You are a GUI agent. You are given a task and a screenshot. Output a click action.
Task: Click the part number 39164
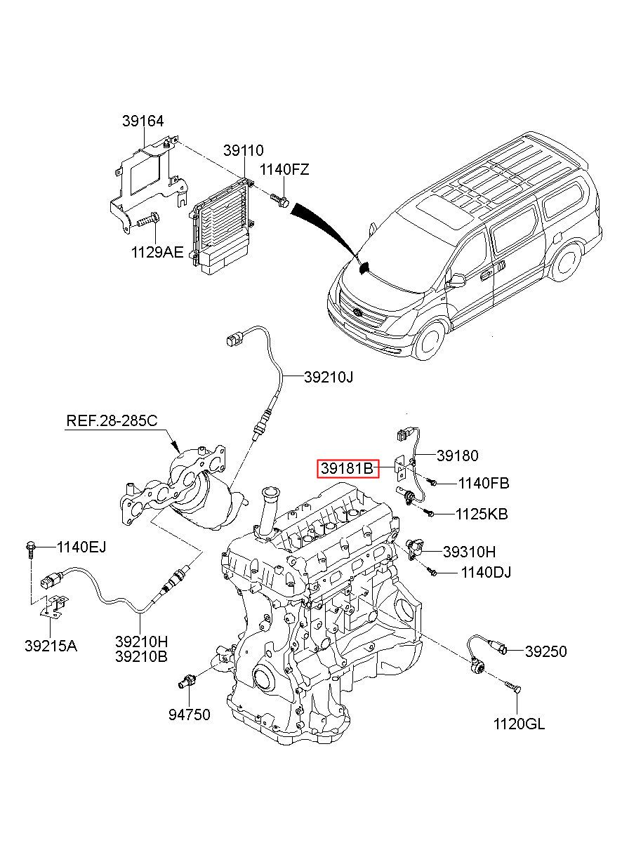click(143, 121)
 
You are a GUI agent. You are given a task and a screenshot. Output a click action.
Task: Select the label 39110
click(243, 150)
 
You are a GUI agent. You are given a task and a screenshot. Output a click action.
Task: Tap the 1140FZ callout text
click(284, 169)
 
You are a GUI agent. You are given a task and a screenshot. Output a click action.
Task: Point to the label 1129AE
click(157, 252)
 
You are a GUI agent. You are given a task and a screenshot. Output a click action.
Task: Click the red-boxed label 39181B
click(348, 468)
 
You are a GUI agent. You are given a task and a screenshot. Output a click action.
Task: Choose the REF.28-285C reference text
click(112, 420)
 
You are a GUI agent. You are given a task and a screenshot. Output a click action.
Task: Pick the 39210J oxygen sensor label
click(328, 377)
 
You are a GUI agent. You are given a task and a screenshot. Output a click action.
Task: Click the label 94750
click(189, 715)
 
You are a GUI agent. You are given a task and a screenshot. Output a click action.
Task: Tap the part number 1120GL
click(519, 724)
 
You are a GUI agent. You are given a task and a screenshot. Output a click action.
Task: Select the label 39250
click(545, 651)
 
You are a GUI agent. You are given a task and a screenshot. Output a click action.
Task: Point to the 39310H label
click(469, 552)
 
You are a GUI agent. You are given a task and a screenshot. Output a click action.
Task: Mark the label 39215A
click(51, 646)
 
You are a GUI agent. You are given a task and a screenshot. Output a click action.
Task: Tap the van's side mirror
click(456, 281)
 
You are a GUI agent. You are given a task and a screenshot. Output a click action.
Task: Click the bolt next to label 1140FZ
click(280, 199)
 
